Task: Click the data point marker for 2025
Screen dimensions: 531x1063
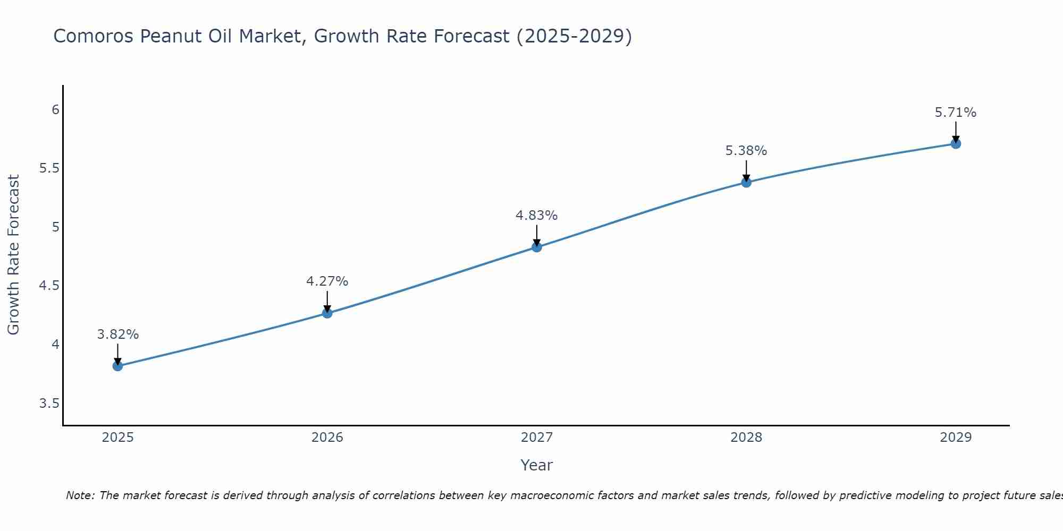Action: (x=117, y=366)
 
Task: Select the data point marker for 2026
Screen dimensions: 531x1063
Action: (x=327, y=313)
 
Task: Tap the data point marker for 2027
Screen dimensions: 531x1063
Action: (x=536, y=247)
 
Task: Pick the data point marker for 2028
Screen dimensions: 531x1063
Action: (x=746, y=183)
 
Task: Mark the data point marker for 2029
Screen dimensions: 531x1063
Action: (x=956, y=144)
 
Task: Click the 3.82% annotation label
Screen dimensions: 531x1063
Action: (x=117, y=335)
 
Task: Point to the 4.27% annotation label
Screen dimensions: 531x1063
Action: (x=327, y=281)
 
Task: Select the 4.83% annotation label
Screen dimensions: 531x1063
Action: (x=536, y=216)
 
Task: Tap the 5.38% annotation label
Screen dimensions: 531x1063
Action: (x=746, y=151)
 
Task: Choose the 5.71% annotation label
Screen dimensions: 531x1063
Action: (x=956, y=113)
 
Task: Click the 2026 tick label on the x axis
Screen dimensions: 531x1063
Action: (x=327, y=438)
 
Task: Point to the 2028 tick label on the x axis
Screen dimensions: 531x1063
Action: (x=746, y=438)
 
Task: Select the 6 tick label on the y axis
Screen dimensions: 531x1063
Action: (x=55, y=110)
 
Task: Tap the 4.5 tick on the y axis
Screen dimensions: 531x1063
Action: (x=49, y=286)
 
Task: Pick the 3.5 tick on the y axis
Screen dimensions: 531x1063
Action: (x=49, y=404)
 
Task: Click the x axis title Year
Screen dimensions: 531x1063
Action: (x=536, y=465)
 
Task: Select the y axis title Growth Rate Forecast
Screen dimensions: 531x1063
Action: (x=14, y=255)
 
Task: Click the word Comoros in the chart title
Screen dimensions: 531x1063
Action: (x=94, y=36)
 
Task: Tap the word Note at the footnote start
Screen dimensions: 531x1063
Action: (x=80, y=495)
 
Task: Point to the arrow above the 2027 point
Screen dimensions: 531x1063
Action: (x=536, y=235)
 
